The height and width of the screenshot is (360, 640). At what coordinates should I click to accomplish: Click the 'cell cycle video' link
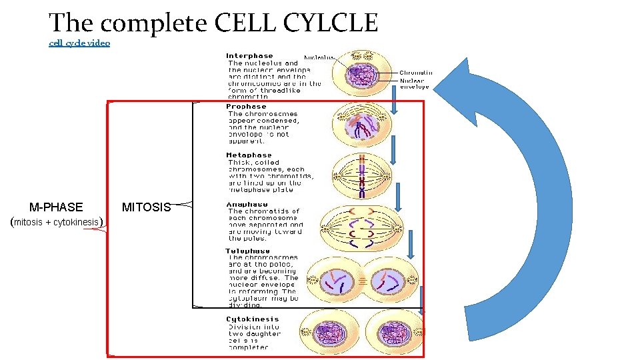click(x=79, y=43)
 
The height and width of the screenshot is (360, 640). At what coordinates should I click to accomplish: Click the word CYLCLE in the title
click(x=331, y=23)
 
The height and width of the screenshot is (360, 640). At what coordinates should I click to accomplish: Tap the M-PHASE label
click(x=56, y=207)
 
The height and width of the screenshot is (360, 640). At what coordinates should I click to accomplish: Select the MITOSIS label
click(x=146, y=207)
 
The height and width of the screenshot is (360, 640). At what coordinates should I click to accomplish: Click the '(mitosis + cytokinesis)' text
click(x=57, y=222)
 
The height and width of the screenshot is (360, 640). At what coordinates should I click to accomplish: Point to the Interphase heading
click(x=249, y=56)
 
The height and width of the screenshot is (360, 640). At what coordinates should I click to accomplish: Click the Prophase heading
click(x=246, y=107)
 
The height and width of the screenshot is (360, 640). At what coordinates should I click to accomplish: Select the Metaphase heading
click(x=249, y=155)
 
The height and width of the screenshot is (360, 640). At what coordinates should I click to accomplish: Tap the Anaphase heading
click(x=247, y=204)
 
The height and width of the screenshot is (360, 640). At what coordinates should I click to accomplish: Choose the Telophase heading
click(x=248, y=251)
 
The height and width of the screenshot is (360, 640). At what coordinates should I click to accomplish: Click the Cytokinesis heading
click(x=251, y=319)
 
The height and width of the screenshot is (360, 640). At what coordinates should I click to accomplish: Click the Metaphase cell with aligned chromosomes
click(x=361, y=176)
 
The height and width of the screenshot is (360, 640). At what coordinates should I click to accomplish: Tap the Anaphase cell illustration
click(x=361, y=227)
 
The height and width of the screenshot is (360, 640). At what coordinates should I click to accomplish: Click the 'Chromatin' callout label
click(x=415, y=73)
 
